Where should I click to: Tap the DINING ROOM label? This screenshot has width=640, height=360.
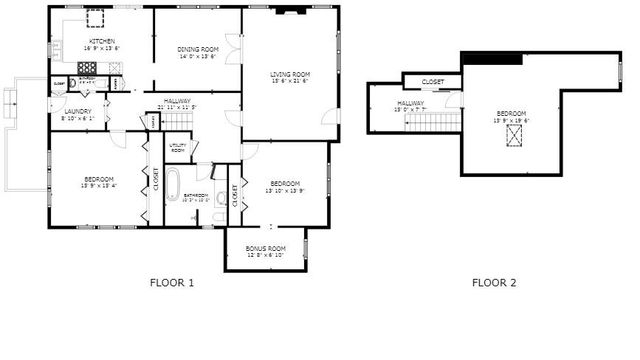click(x=198, y=49)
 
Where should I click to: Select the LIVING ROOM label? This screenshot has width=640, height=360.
click(x=290, y=74)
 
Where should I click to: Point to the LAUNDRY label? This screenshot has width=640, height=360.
click(x=76, y=112)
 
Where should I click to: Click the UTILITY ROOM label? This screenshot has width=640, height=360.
click(x=177, y=147)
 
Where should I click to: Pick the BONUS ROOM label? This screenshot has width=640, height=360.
click(x=266, y=247)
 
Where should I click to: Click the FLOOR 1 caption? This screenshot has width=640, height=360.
click(x=171, y=283)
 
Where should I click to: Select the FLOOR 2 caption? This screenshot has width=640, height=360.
click(x=494, y=283)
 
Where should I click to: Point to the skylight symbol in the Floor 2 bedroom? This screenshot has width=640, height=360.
click(x=515, y=136)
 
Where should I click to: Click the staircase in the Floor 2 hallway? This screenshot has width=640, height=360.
click(x=430, y=122)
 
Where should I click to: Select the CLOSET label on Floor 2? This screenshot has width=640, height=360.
click(x=433, y=81)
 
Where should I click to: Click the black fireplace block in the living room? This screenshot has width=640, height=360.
click(x=293, y=13)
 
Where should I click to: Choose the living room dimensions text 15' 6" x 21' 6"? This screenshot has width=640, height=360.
click(x=290, y=81)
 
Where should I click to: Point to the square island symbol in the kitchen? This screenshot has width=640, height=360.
click(x=96, y=19)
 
